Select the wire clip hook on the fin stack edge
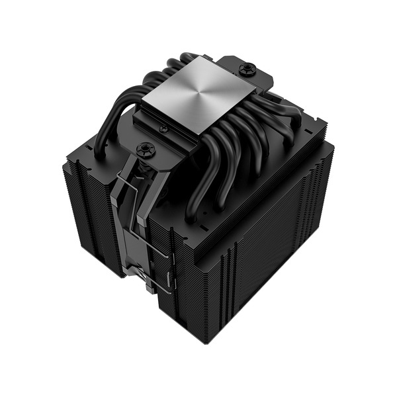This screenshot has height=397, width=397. [173, 279]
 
